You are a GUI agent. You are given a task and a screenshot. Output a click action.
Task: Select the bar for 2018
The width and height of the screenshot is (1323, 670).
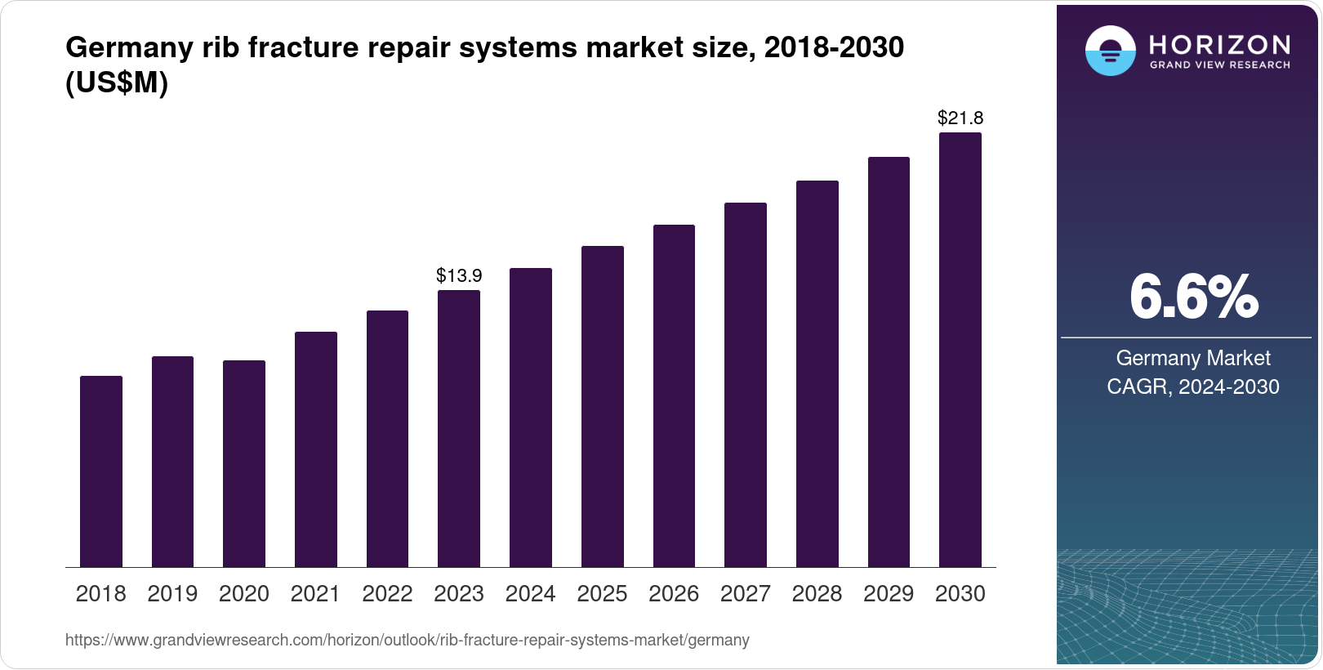(x=101, y=471)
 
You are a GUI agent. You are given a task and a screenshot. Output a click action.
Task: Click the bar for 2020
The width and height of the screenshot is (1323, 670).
(x=244, y=463)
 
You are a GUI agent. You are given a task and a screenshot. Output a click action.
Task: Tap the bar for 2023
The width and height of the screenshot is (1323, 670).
(x=459, y=428)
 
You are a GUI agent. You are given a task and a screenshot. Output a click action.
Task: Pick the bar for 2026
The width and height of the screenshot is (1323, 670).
(x=674, y=395)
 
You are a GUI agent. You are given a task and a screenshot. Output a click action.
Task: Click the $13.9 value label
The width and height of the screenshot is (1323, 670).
(x=459, y=275)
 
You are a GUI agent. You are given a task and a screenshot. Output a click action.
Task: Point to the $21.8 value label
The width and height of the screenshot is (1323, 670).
(x=960, y=118)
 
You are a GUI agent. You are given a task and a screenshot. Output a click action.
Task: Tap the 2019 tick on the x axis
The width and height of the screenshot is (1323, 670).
(x=172, y=593)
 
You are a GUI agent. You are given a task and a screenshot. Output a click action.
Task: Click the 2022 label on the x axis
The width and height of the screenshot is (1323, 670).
(x=387, y=593)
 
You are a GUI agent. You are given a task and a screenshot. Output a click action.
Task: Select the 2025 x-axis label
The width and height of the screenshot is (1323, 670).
(x=602, y=593)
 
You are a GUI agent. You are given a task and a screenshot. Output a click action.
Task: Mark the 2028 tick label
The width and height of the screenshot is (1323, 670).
(x=817, y=593)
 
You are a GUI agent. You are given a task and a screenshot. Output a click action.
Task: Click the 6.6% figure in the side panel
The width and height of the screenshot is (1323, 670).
(x=1193, y=297)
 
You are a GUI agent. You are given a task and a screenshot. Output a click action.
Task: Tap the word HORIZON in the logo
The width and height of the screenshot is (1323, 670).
(x=1219, y=44)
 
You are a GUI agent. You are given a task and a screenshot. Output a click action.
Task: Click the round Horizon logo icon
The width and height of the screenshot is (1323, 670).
(x=1110, y=51)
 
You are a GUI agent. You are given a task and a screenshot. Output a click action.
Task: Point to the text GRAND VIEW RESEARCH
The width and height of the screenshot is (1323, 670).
(x=1219, y=65)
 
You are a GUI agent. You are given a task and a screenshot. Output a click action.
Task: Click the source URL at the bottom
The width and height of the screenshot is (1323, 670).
(x=407, y=640)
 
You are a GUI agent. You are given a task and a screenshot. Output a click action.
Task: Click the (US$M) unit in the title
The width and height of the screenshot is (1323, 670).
(x=117, y=83)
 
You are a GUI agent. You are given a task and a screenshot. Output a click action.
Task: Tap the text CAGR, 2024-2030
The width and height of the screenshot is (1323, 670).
(x=1193, y=386)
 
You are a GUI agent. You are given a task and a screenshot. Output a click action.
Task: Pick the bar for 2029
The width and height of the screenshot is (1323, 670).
(x=889, y=362)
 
